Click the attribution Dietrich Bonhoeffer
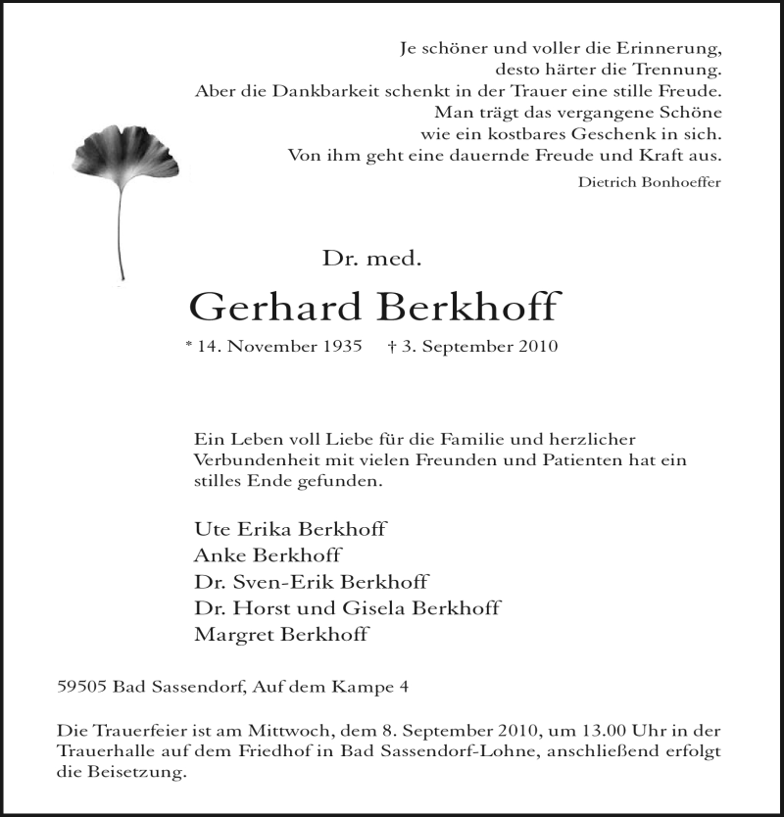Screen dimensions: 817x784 (650, 180)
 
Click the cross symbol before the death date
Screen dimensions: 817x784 (391, 347)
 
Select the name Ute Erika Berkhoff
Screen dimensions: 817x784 (291, 529)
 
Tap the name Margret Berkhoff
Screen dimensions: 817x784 (281, 635)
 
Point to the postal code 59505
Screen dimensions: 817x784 (82, 688)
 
